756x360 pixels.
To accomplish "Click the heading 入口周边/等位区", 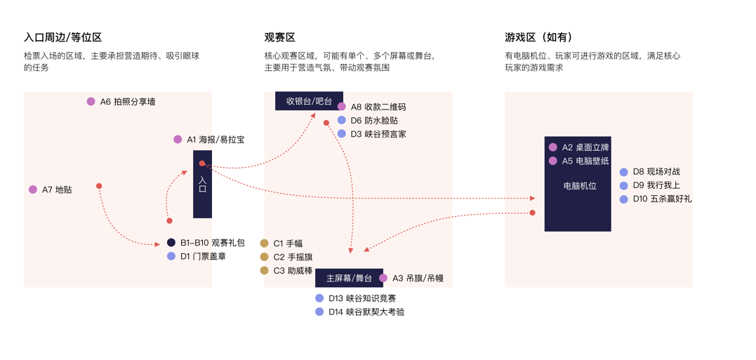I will coord(62,37).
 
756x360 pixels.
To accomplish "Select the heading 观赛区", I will coord(279,37).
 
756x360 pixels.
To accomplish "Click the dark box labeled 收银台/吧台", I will coord(309,101).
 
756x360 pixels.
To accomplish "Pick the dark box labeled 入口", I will coord(202,185).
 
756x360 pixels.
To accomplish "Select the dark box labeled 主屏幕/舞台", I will coord(349,279).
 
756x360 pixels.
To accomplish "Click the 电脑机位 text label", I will coord(580,186).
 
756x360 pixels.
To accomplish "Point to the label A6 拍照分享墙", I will coord(127,102).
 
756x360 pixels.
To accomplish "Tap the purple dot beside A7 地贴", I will coord(33,189).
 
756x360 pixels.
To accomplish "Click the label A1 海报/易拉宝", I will coord(215,140).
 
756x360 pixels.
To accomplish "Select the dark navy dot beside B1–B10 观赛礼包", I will coord(171,243).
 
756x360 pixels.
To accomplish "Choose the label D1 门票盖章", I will coord(203,257).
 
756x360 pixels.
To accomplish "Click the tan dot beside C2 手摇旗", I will coord(264,257).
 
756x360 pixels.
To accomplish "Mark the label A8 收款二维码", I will coord(378,107).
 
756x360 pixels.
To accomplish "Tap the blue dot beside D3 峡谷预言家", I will coord(342,134).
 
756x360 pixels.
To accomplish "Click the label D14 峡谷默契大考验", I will coord(366,312).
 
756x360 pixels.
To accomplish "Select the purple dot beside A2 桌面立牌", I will coord(553,147).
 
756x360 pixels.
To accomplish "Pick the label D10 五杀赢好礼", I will coord(661,199).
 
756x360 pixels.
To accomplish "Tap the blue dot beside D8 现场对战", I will coord(623,172).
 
